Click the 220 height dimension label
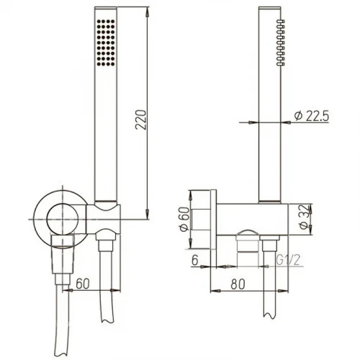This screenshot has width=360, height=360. click(141, 120)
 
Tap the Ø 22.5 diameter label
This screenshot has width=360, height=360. click(312, 116)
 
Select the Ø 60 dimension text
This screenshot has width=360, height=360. click(185, 220)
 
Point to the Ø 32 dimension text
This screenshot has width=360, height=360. click(305, 217)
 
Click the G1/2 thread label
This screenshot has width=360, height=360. click(288, 260)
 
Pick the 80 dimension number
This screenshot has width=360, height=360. click(238, 284)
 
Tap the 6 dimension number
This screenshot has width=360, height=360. click(195, 260)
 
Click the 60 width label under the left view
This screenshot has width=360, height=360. click(83, 284)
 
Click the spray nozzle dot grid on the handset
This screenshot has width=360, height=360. click(106, 42)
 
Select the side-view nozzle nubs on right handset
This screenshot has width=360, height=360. click(281, 42)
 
